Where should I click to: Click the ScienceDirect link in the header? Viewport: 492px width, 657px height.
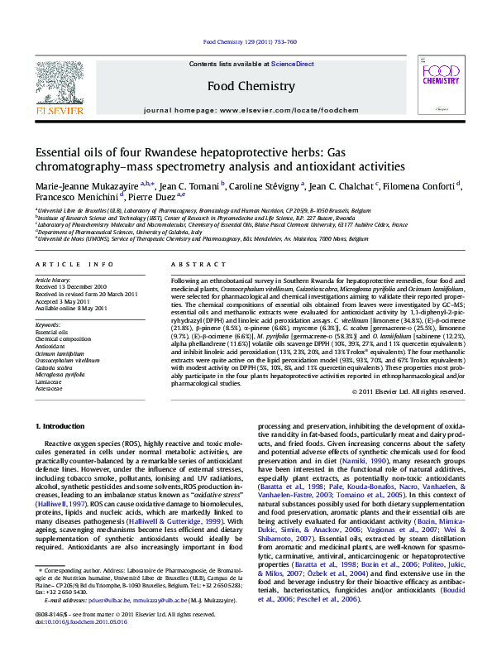(x=293, y=64)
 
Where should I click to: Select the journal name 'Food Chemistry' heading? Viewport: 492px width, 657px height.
(x=251, y=86)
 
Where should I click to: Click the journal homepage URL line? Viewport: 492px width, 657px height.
(x=251, y=110)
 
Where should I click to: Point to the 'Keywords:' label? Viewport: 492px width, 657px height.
(x=48, y=325)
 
